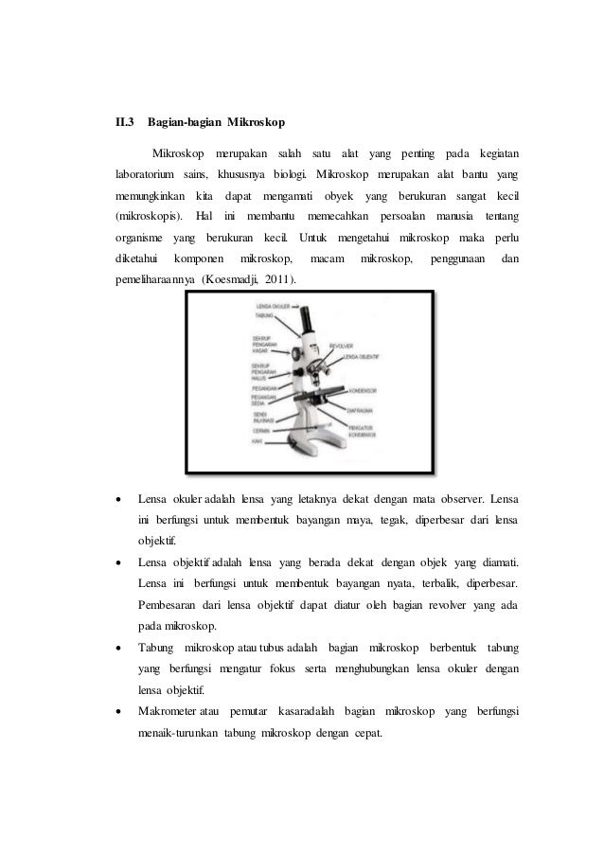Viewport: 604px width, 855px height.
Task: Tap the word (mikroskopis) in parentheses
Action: click(x=149, y=221)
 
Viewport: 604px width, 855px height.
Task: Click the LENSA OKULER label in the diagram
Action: click(x=272, y=308)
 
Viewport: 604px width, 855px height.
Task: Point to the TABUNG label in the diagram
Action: click(x=266, y=317)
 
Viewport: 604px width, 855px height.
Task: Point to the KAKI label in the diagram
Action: click(x=257, y=441)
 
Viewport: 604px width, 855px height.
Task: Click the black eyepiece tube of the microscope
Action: click(x=307, y=317)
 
